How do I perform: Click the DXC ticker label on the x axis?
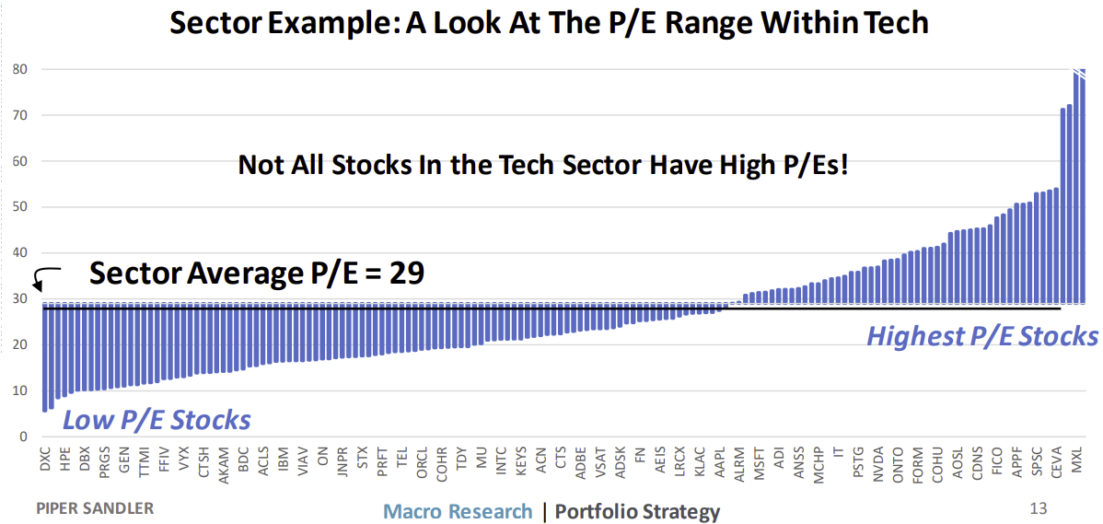tap(45, 461)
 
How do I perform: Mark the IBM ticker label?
tap(283, 460)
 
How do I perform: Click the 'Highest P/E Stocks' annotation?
tap(981, 335)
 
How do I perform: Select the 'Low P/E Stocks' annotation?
tap(157, 420)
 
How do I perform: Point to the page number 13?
tap(1039, 507)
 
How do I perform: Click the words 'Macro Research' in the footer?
tap(458, 511)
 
